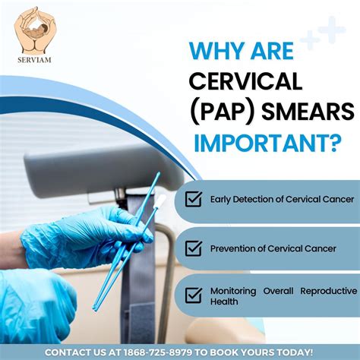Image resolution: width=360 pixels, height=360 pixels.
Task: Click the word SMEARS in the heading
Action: click(311, 112)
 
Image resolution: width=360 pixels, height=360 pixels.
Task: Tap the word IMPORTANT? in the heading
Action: click(265, 142)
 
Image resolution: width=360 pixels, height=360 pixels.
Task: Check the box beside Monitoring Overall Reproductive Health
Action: click(194, 295)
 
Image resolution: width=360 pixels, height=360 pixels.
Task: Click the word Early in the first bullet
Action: click(221, 201)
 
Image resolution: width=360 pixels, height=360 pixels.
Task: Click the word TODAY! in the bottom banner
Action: click(296, 352)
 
